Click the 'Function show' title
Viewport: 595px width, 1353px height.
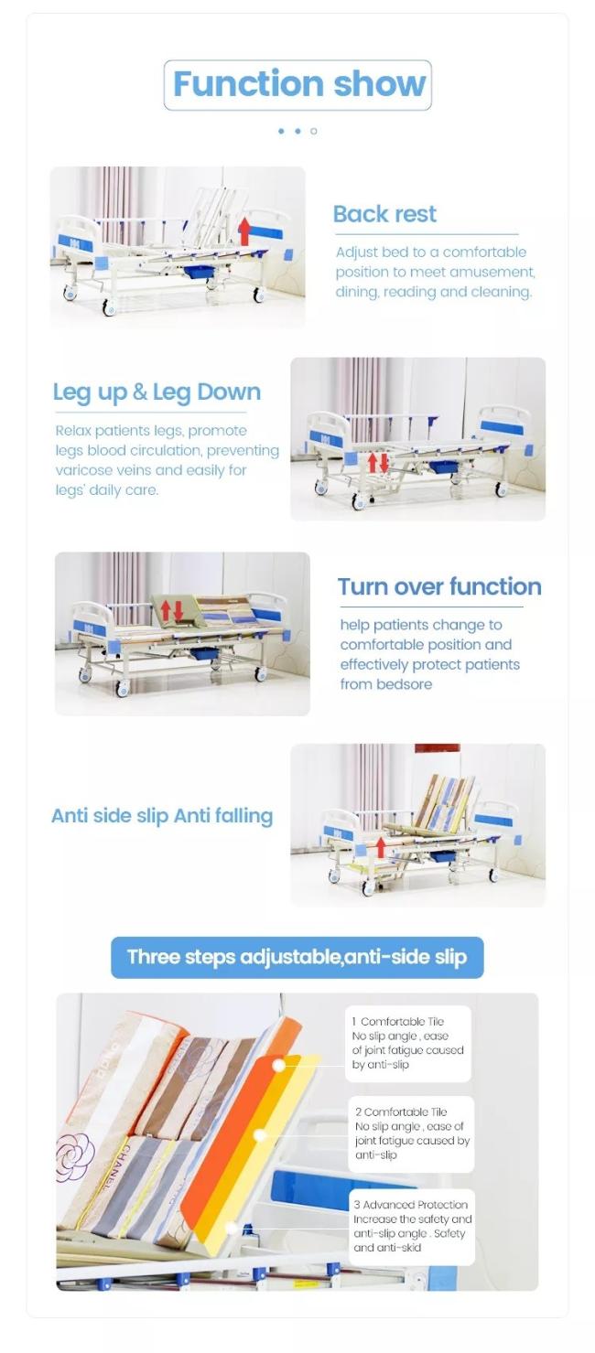click(x=298, y=84)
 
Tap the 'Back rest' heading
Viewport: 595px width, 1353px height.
click(x=384, y=214)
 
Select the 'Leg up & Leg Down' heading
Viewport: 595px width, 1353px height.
click(x=157, y=392)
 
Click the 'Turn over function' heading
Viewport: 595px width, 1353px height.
click(x=439, y=586)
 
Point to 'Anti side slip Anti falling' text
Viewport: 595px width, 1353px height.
click(x=162, y=815)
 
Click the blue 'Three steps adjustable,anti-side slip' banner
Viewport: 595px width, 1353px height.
click(x=297, y=958)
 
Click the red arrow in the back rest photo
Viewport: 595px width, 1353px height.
click(x=244, y=231)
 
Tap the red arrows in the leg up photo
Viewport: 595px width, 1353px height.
click(x=379, y=463)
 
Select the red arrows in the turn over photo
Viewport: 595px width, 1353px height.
click(x=172, y=611)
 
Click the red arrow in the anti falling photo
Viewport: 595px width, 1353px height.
click(x=380, y=847)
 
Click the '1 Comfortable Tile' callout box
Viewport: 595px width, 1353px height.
click(x=407, y=1043)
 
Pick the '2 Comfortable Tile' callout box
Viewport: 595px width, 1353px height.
click(x=411, y=1133)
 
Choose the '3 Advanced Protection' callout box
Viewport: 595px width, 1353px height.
click(x=411, y=1226)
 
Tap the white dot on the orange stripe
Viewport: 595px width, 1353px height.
click(x=279, y=1066)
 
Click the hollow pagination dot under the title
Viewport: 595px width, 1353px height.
click(x=314, y=131)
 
